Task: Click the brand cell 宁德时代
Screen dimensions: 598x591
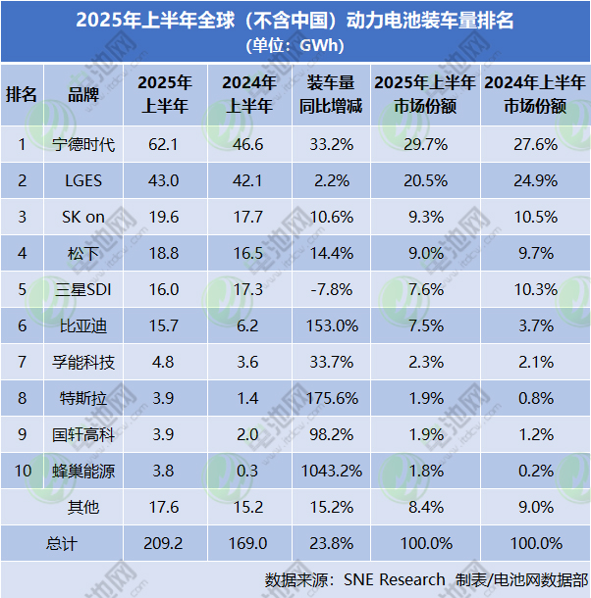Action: (x=83, y=145)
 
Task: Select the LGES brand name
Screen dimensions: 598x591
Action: (x=83, y=181)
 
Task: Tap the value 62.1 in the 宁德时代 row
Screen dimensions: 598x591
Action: (x=165, y=145)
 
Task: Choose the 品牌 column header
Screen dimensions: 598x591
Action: (x=83, y=94)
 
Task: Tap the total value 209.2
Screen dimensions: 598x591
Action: (x=165, y=543)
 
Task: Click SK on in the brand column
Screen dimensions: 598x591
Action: (x=83, y=218)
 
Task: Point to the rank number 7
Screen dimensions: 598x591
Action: (x=22, y=363)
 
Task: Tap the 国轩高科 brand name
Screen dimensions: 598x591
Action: (x=83, y=435)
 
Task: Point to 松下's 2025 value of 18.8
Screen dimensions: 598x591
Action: (x=165, y=254)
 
